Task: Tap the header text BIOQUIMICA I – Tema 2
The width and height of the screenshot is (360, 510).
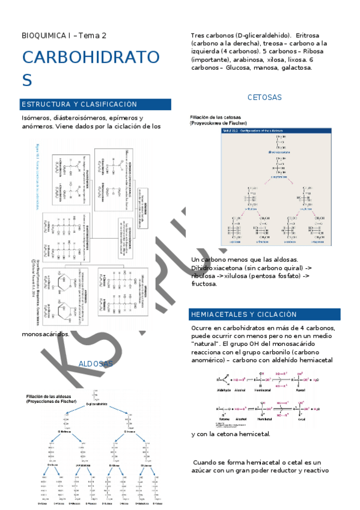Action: point(64,35)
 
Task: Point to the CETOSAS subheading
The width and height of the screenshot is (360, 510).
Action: point(264,97)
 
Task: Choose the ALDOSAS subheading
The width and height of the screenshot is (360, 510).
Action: point(96,364)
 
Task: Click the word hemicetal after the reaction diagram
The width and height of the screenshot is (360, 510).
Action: point(252,434)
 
